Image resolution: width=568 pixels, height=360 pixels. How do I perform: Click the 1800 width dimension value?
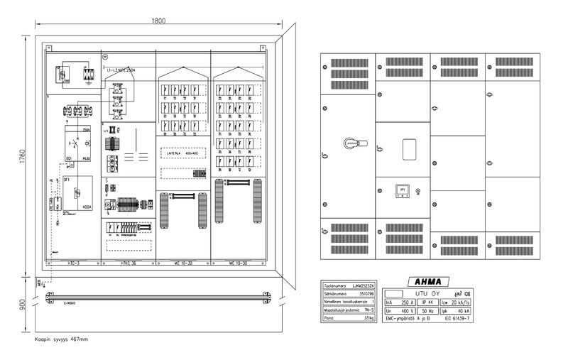(158, 21)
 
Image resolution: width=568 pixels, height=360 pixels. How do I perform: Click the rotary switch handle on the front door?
(351, 142)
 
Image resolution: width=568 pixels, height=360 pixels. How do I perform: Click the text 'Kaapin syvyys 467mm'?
(61, 339)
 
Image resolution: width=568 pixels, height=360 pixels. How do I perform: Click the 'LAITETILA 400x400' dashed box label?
(183, 152)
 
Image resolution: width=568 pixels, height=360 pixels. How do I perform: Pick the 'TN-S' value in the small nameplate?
(368, 309)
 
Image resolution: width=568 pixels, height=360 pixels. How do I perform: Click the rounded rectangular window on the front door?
(410, 151)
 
